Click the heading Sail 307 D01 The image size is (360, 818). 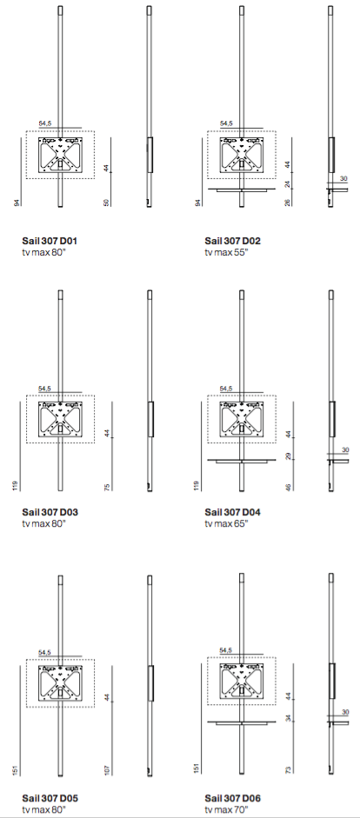(50, 241)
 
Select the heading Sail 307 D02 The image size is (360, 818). (232, 241)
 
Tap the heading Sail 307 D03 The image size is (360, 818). (50, 512)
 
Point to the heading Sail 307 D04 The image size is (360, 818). (232, 512)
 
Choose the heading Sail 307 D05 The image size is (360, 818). (50, 798)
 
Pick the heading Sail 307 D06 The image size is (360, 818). (232, 798)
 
